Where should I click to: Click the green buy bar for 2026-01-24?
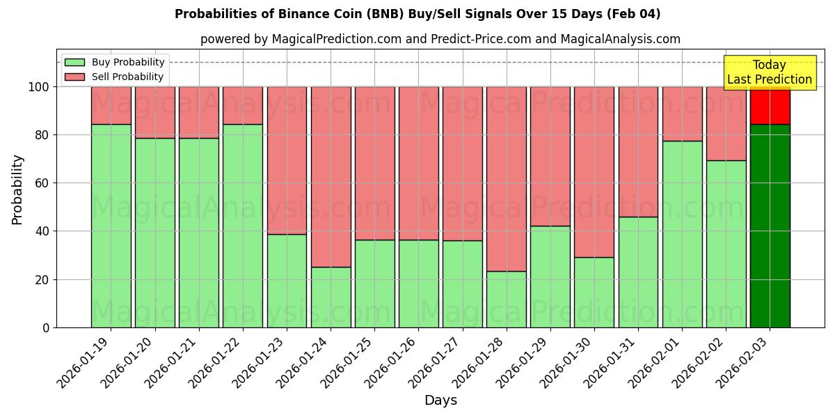[x=331, y=297]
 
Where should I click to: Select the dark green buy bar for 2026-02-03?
[x=770, y=226]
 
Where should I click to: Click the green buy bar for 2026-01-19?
[x=111, y=226]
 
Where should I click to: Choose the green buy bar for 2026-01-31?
[x=638, y=272]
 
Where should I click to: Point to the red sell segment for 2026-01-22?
[x=243, y=105]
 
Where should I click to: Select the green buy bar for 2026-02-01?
[x=682, y=234]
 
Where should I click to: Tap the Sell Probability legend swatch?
[x=74, y=77]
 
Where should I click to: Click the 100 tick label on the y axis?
[x=38, y=87]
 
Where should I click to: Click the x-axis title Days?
[x=440, y=401]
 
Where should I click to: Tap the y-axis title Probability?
[x=18, y=189]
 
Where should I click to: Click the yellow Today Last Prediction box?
[x=769, y=72]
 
